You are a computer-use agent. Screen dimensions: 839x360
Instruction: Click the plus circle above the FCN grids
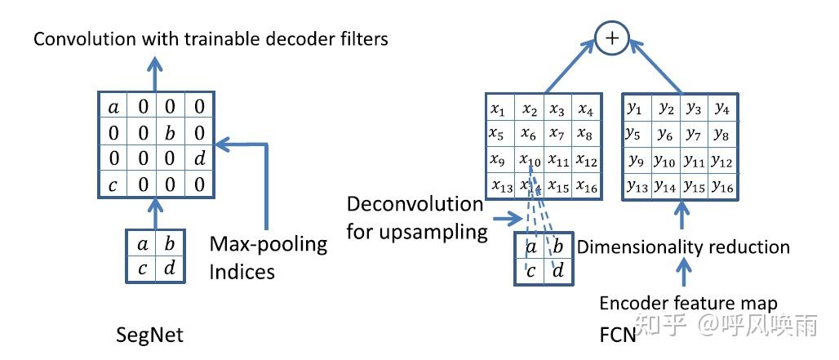(612, 38)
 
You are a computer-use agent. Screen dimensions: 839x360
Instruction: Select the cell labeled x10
(530, 159)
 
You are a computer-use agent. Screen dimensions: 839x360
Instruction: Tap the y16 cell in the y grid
(721, 186)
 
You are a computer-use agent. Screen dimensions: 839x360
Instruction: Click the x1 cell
(500, 108)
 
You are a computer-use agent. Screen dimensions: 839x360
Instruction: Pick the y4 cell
(721, 109)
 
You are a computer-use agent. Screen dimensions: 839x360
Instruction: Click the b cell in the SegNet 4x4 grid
(170, 132)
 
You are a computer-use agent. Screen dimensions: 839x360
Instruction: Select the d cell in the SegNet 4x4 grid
(199, 158)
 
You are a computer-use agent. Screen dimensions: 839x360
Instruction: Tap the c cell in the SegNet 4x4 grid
(113, 184)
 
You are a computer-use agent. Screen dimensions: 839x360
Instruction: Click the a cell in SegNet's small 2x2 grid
(141, 243)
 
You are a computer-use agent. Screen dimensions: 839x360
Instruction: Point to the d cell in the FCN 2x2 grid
(557, 271)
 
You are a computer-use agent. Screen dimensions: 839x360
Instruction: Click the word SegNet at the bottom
(150, 335)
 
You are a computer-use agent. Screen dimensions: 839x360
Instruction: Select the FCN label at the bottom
(618, 335)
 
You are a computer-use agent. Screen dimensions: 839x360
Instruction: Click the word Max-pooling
(269, 244)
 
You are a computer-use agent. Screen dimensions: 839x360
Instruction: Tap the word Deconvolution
(415, 204)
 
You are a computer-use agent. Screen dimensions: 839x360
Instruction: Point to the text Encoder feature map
(688, 304)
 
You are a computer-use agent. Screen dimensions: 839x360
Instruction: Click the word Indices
(242, 272)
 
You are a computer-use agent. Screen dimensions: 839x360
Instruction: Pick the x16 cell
(587, 185)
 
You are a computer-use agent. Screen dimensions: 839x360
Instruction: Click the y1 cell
(637, 109)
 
